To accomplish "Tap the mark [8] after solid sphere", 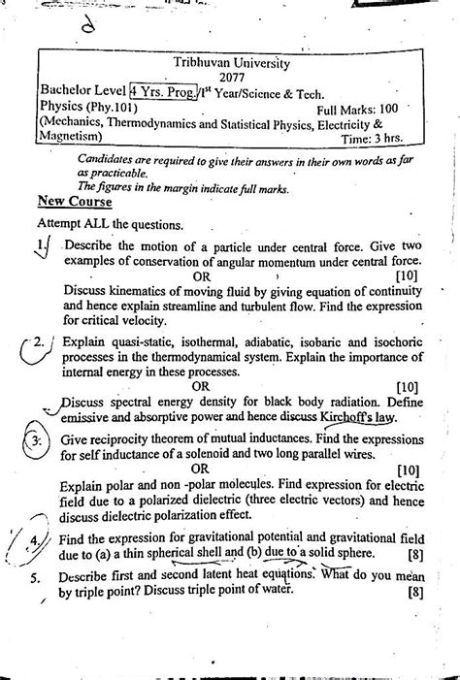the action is point(413,557).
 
